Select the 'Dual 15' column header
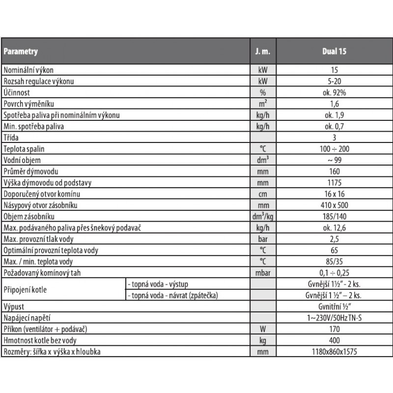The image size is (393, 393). click(x=334, y=51)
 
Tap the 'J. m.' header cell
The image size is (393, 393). click(x=262, y=51)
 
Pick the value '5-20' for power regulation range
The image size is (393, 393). click(x=334, y=81)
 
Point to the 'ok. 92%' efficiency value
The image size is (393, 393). click(x=334, y=92)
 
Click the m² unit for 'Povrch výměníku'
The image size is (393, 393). click(x=262, y=104)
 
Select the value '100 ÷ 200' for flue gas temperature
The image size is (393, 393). click(x=334, y=149)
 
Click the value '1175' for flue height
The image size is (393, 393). click(x=334, y=183)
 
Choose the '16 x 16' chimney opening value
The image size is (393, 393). click(x=334, y=194)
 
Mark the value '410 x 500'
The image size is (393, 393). click(x=334, y=205)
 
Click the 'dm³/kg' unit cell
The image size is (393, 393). click(x=262, y=217)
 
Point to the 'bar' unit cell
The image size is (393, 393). click(x=262, y=239)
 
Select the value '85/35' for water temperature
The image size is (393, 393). click(x=334, y=261)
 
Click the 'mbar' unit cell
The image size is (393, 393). click(x=262, y=273)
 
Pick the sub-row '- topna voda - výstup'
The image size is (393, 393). click(x=158, y=284)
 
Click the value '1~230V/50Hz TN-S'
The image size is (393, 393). click(x=334, y=318)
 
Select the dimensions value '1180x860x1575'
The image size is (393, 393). click(x=334, y=352)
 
